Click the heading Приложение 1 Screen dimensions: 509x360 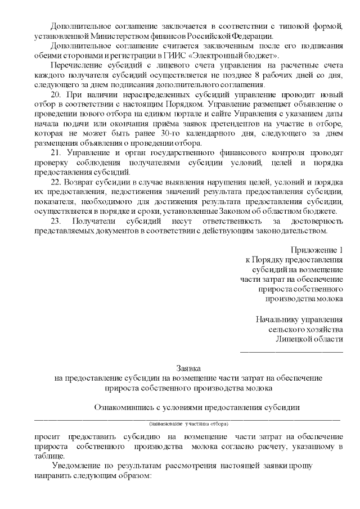[x=317, y=249]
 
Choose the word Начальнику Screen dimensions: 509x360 [x=281, y=319]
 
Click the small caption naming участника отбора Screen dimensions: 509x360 [x=188, y=423]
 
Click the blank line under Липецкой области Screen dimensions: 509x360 [x=291, y=351]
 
